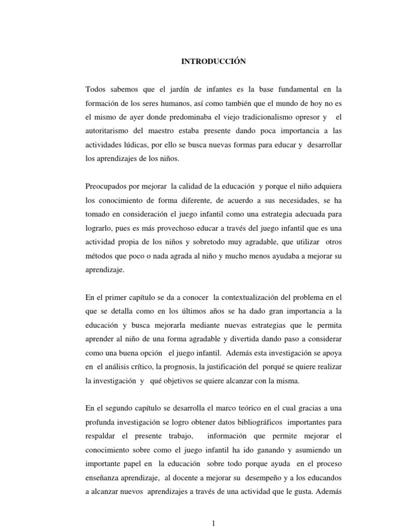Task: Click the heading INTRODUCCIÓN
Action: (206, 61)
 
